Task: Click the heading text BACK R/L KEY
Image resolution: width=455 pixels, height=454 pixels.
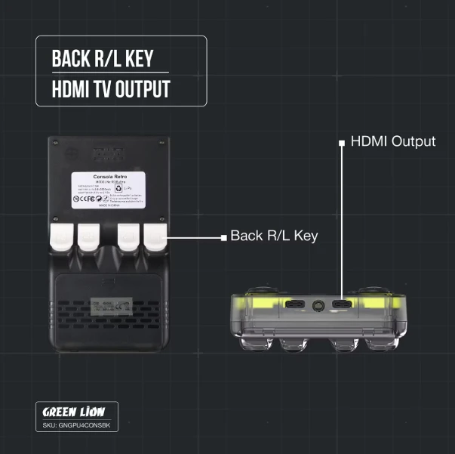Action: click(x=104, y=58)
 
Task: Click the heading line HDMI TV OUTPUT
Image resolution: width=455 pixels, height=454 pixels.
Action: click(x=111, y=89)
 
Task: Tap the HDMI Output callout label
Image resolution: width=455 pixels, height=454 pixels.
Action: click(x=392, y=141)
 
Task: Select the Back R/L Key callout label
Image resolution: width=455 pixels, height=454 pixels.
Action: click(x=274, y=236)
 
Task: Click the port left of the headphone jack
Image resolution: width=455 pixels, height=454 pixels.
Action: click(x=294, y=305)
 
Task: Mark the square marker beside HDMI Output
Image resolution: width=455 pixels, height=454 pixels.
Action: click(x=343, y=141)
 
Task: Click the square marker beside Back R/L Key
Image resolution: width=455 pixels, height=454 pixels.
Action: click(x=223, y=237)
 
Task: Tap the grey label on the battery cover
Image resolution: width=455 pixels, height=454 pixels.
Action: click(x=109, y=307)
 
